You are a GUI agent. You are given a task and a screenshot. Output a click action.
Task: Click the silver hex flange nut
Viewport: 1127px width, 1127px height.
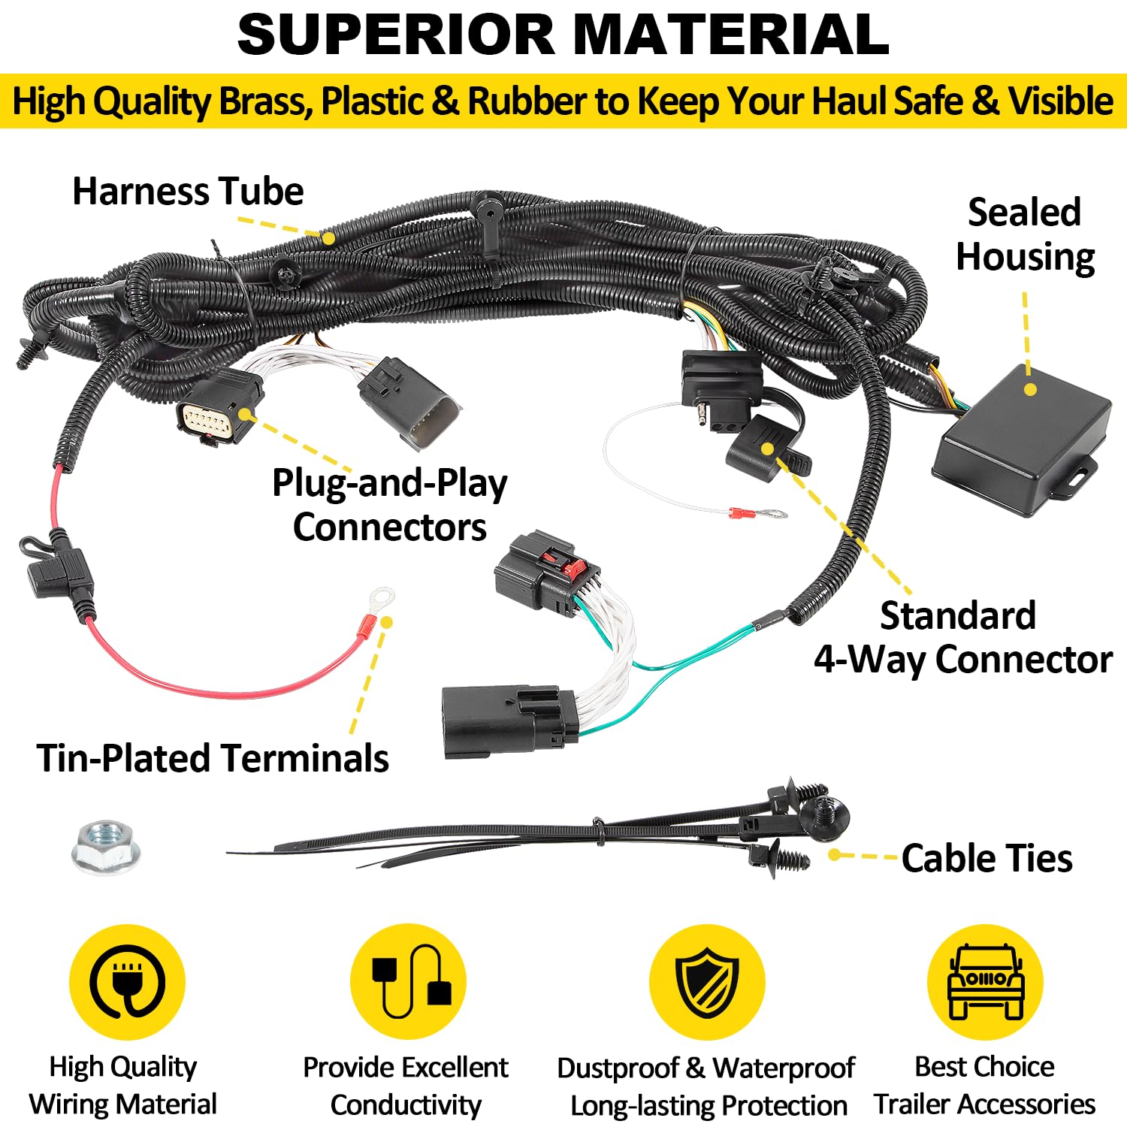[x=105, y=847]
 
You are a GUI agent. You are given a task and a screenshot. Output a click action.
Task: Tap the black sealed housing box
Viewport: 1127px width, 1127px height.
[x=1022, y=440]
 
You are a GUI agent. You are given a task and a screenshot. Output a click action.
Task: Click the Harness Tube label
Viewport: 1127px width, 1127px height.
[x=188, y=192]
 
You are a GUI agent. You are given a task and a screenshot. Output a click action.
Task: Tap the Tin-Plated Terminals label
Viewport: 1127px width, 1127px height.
[x=213, y=757]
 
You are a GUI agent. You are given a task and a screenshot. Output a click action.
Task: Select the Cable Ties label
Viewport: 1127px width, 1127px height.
[x=987, y=858]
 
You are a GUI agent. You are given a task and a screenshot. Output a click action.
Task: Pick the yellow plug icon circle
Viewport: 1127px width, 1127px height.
[x=127, y=982]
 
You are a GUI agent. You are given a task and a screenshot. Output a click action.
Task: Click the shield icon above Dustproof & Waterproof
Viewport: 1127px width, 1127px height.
[x=706, y=982]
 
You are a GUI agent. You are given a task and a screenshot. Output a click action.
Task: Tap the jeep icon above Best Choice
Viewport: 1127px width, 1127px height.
[x=985, y=982]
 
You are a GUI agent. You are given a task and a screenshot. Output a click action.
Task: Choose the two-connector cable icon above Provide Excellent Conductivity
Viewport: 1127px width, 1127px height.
[x=408, y=982]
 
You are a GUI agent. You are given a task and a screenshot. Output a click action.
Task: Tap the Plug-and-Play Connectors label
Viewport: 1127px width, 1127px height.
[x=389, y=505]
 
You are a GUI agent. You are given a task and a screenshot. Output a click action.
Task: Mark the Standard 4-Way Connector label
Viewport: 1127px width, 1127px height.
[x=962, y=637]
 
